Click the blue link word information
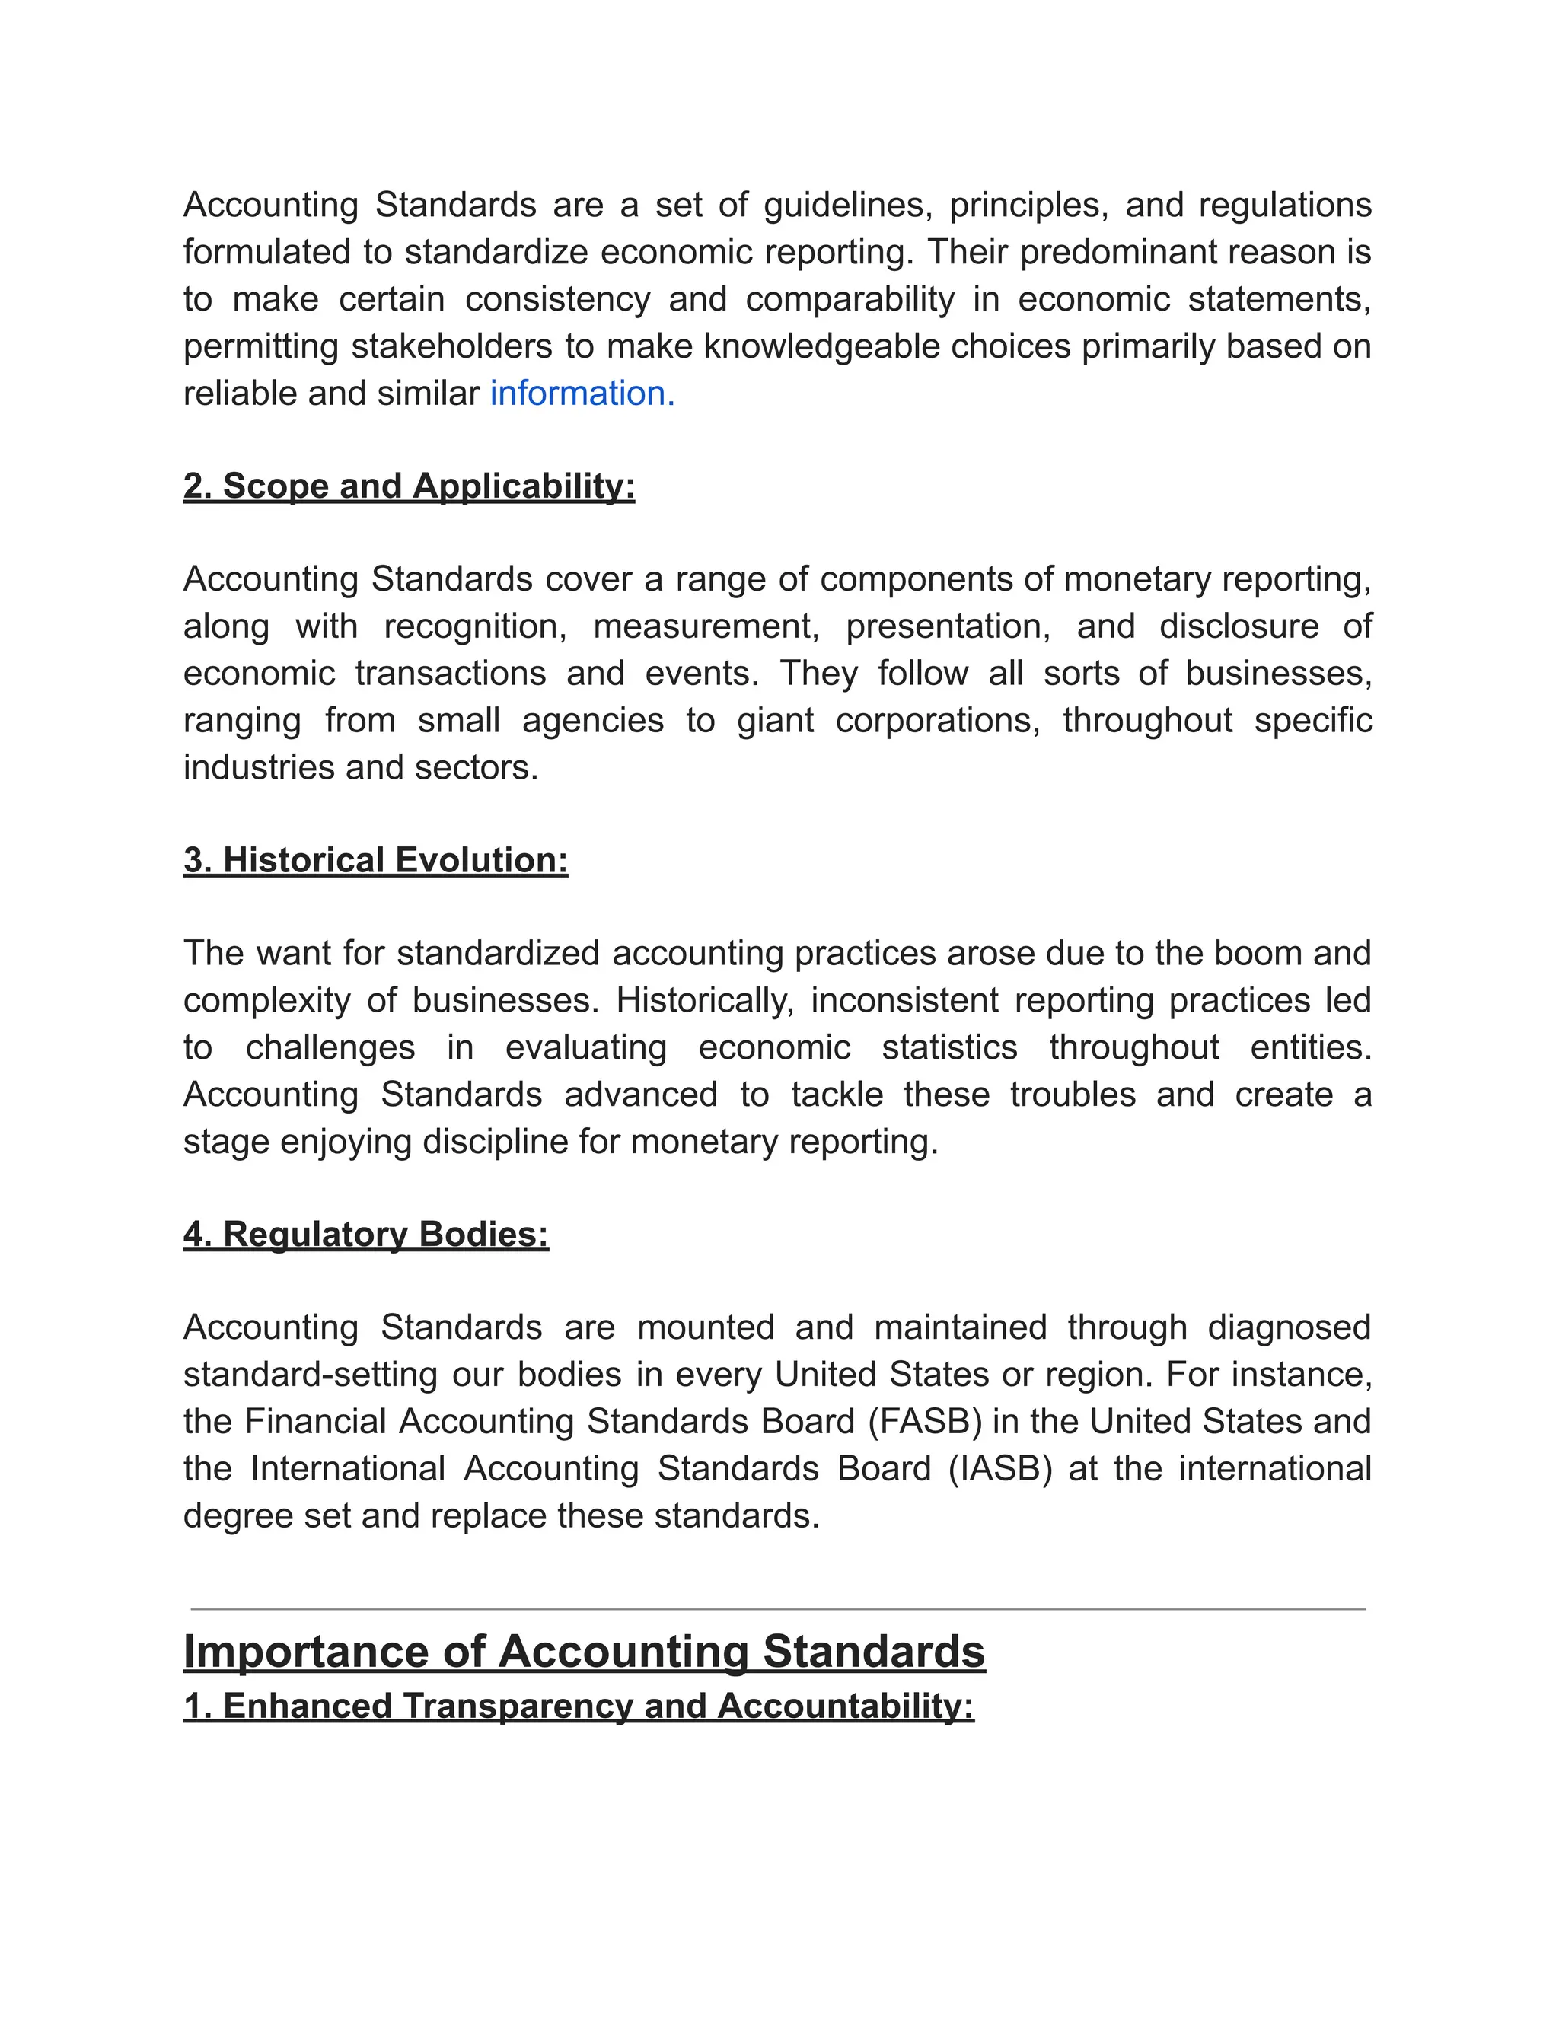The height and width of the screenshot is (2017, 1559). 582,394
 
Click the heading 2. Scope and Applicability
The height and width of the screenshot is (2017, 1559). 409,486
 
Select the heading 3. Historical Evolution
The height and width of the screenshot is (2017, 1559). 375,861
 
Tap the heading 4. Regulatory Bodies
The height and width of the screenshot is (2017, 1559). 365,1235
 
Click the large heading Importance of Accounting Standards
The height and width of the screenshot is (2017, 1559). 584,1652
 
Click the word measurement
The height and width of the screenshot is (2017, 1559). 706,627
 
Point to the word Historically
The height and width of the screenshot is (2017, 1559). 705,1001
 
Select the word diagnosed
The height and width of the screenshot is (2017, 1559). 1290,1328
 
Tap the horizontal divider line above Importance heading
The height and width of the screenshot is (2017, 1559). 778,1610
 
